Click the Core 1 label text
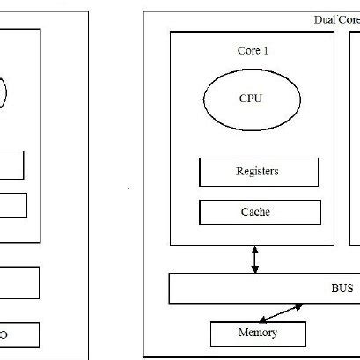click(253, 52)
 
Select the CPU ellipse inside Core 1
click(252, 99)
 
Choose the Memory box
click(258, 334)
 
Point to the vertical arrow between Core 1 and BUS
click(255, 259)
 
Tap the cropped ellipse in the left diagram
click(3, 93)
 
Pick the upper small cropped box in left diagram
click(11, 165)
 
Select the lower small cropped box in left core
click(13, 205)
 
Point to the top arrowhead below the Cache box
click(255, 249)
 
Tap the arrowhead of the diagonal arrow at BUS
click(302, 307)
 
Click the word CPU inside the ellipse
click(251, 99)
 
